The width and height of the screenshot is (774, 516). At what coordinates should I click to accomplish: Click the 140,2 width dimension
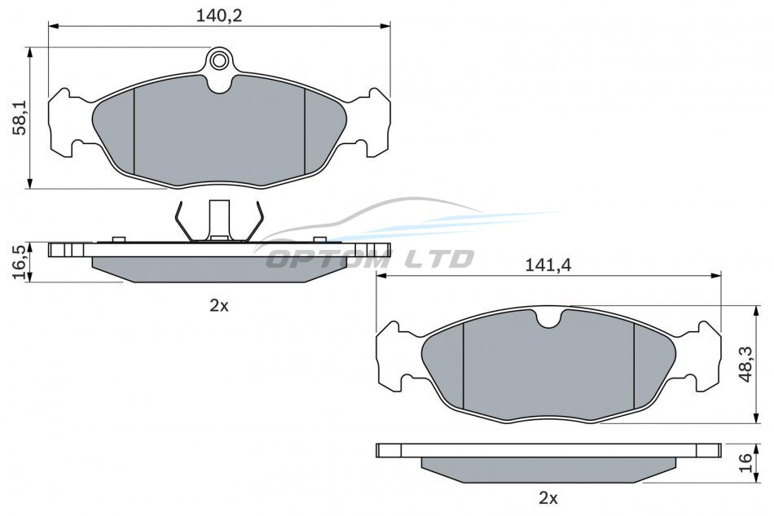pyautogui.click(x=219, y=15)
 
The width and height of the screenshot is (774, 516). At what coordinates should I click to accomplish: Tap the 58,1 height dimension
pyautogui.click(x=21, y=118)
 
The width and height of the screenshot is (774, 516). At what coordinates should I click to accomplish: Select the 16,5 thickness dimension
pyautogui.click(x=21, y=262)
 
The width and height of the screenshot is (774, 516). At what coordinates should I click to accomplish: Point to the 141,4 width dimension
pyautogui.click(x=548, y=265)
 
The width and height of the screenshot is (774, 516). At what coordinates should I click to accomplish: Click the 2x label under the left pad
pyautogui.click(x=219, y=306)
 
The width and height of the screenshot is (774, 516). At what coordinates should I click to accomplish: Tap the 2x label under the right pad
pyautogui.click(x=548, y=498)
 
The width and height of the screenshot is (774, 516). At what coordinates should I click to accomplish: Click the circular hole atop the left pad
pyautogui.click(x=218, y=60)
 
